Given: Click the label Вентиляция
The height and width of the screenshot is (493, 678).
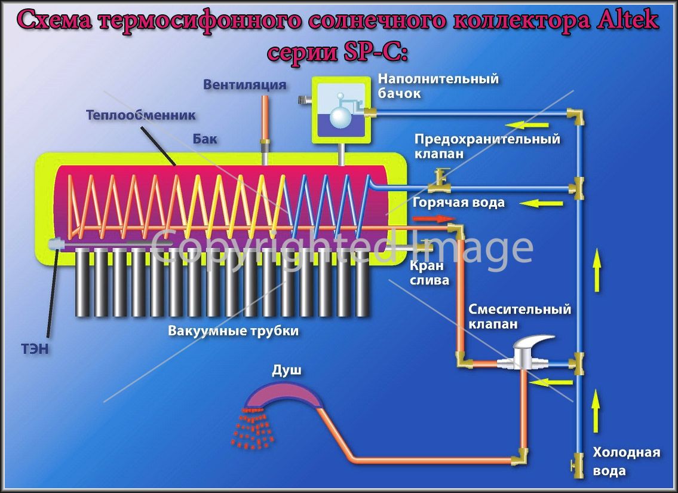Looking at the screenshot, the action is (245, 84).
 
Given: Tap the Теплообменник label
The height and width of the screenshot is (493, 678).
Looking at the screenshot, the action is (140, 115).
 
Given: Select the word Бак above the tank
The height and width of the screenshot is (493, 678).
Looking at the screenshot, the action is (205, 139).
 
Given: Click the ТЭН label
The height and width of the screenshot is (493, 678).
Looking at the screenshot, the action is (35, 348).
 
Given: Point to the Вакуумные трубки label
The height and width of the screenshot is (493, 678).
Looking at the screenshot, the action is (234, 331).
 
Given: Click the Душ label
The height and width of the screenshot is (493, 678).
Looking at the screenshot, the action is (287, 370).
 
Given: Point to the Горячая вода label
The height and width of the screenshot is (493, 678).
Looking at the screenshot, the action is (458, 203).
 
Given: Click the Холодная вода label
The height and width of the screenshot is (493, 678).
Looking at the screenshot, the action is (626, 461).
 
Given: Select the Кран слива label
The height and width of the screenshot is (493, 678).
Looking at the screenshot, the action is (429, 273).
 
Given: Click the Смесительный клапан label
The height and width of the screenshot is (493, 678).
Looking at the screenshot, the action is (520, 317).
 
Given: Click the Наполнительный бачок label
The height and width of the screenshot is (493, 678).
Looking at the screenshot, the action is (438, 85).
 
